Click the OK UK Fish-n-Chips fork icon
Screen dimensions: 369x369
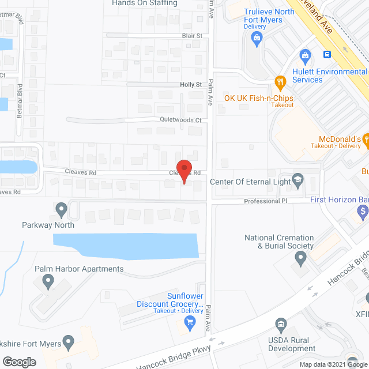280,81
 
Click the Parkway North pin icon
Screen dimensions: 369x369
62,208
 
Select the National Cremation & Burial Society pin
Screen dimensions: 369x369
299,259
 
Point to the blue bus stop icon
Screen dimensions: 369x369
327,55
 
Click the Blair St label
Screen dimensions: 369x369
192,36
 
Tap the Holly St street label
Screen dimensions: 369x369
191,84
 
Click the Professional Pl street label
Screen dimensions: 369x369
265,201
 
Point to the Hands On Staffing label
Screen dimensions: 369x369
145,3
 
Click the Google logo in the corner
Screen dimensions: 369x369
19,362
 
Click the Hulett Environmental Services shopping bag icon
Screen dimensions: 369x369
304,55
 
